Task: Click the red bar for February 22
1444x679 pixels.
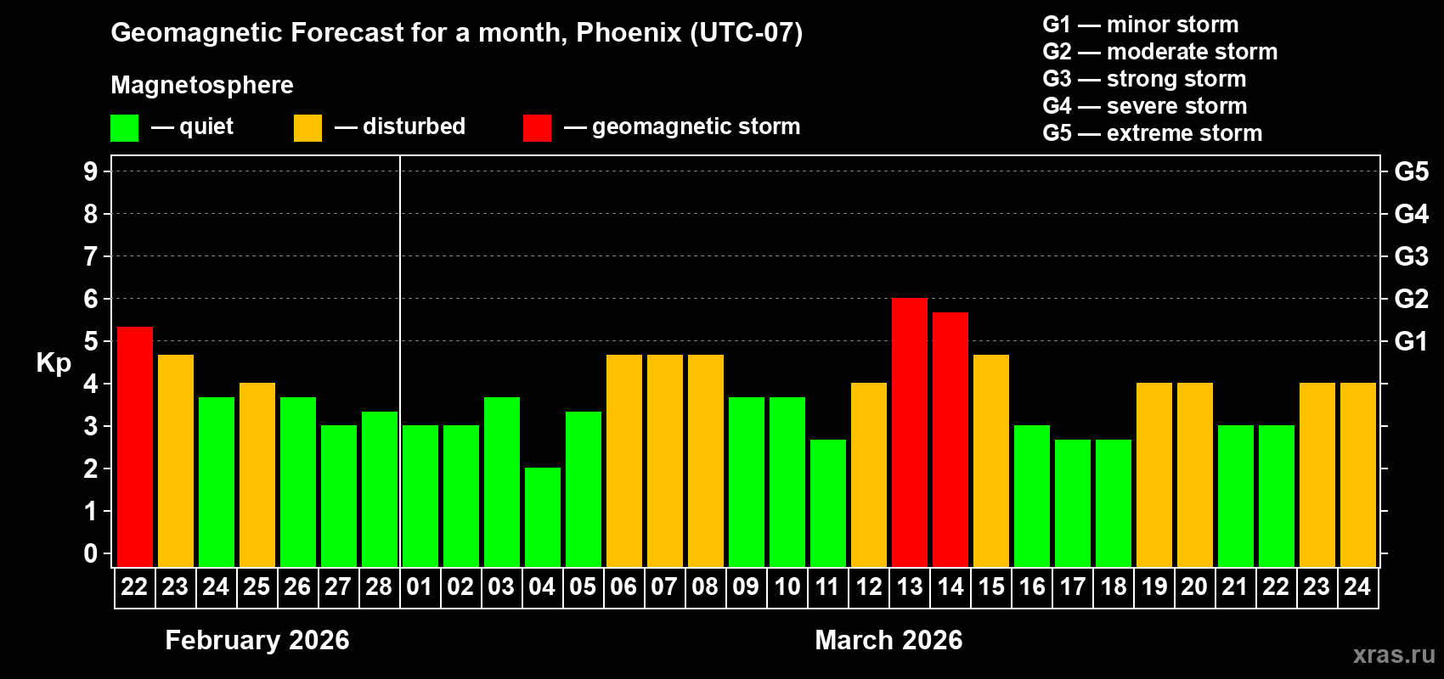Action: click(x=135, y=446)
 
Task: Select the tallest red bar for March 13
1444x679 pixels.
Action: click(x=910, y=432)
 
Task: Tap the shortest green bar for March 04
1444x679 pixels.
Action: click(x=543, y=517)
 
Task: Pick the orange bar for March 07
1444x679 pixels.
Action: click(x=665, y=460)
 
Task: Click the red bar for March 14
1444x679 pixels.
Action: click(x=950, y=439)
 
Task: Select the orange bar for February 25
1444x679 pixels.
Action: click(x=257, y=474)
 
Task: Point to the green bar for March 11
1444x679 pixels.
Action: click(x=828, y=502)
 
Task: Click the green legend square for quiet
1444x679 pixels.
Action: click(x=125, y=128)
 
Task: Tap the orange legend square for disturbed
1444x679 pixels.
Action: click(x=307, y=128)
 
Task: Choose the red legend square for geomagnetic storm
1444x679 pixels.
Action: click(x=537, y=128)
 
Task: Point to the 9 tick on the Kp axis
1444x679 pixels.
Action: click(x=91, y=171)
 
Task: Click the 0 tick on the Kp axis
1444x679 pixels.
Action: click(x=91, y=554)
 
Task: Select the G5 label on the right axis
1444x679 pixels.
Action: click(x=1411, y=171)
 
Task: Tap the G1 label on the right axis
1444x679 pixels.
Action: click(x=1411, y=341)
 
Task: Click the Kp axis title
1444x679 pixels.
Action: click(x=54, y=363)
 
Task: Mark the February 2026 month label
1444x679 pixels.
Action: click(x=257, y=640)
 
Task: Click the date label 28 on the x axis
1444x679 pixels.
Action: click(x=379, y=586)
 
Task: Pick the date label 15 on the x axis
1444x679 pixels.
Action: click(x=991, y=586)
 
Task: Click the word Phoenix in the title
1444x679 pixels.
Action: click(x=629, y=32)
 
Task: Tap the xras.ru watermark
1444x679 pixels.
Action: click(x=1393, y=654)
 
